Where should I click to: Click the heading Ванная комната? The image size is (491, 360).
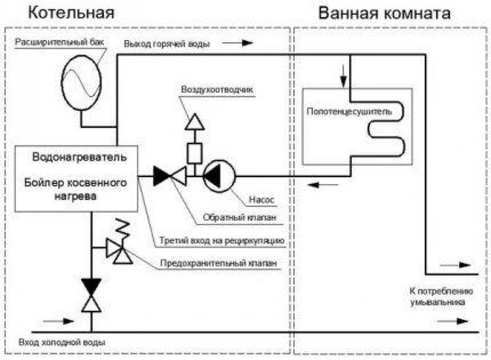(x=384, y=12)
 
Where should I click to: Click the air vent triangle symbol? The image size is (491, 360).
(x=195, y=121)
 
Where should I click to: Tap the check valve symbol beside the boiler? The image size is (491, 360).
(x=169, y=176)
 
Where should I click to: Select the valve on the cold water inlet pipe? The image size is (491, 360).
(x=91, y=294)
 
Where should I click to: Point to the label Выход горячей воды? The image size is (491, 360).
(x=166, y=44)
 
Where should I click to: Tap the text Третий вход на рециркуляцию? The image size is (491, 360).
(x=226, y=240)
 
